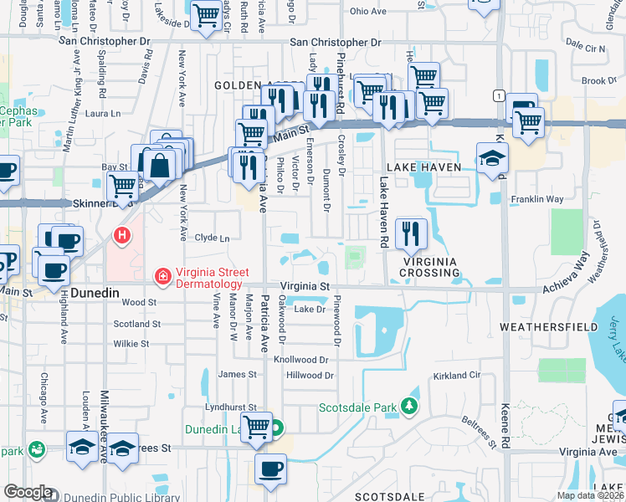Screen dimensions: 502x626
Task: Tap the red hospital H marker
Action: [x=123, y=236]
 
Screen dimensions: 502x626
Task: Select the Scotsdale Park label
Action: [x=357, y=408]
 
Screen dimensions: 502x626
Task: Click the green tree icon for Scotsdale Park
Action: [x=408, y=407]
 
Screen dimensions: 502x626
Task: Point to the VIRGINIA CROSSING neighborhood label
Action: [x=429, y=266]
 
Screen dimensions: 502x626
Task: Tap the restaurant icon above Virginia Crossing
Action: [x=410, y=233]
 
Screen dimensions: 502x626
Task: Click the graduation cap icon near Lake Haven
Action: [x=492, y=156]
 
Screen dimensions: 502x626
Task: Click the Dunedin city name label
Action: [x=102, y=294]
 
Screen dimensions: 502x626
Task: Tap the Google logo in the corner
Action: [x=28, y=492]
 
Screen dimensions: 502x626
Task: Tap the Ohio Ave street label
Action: [x=368, y=12]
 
